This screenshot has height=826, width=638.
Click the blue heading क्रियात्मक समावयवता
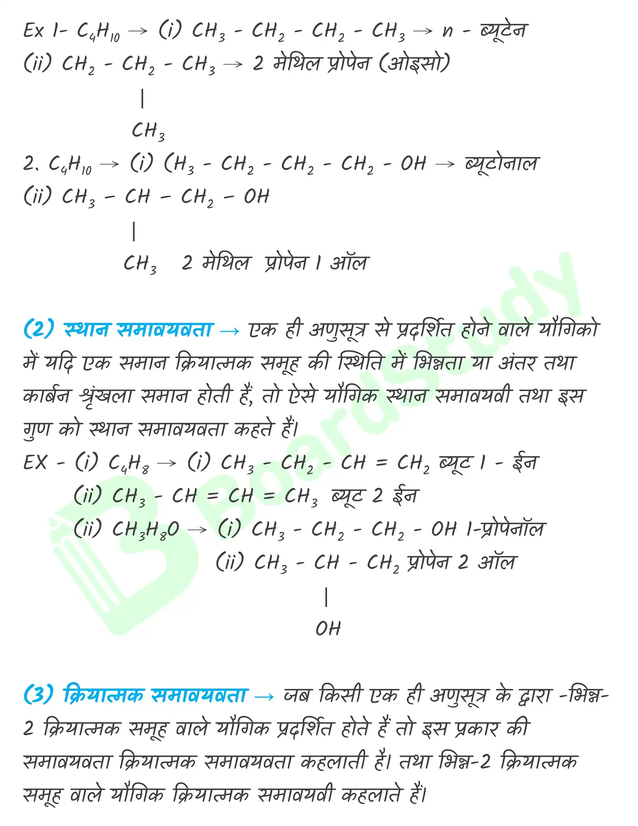pyautogui.click(x=155, y=695)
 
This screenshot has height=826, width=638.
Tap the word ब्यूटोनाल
pyautogui.click(x=501, y=163)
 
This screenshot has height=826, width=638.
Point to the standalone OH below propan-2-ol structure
pyautogui.click(x=328, y=628)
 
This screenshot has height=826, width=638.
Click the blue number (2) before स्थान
pyautogui.click(x=39, y=329)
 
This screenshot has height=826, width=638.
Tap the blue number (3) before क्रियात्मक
pyautogui.click(x=39, y=695)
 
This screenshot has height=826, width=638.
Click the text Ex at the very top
pyautogui.click(x=34, y=31)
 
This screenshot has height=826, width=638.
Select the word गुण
pyautogui.click(x=37, y=429)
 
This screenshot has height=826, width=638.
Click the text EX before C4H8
pyautogui.click(x=35, y=463)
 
